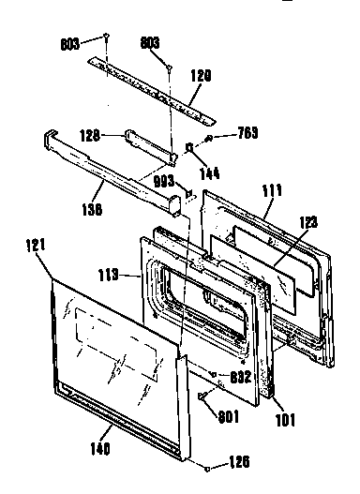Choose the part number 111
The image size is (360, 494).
coord(272,191)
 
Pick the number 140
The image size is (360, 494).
coord(99,447)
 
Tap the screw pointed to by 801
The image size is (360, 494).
coord(201,397)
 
